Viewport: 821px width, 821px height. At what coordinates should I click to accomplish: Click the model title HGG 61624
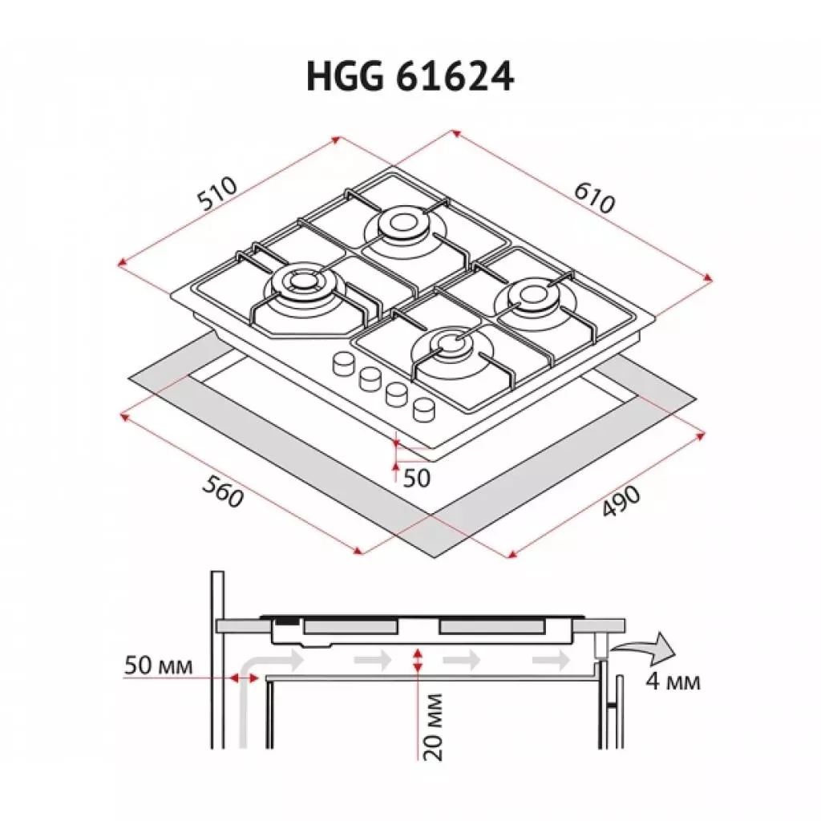[410, 78]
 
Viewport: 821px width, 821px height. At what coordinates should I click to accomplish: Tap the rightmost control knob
[423, 409]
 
